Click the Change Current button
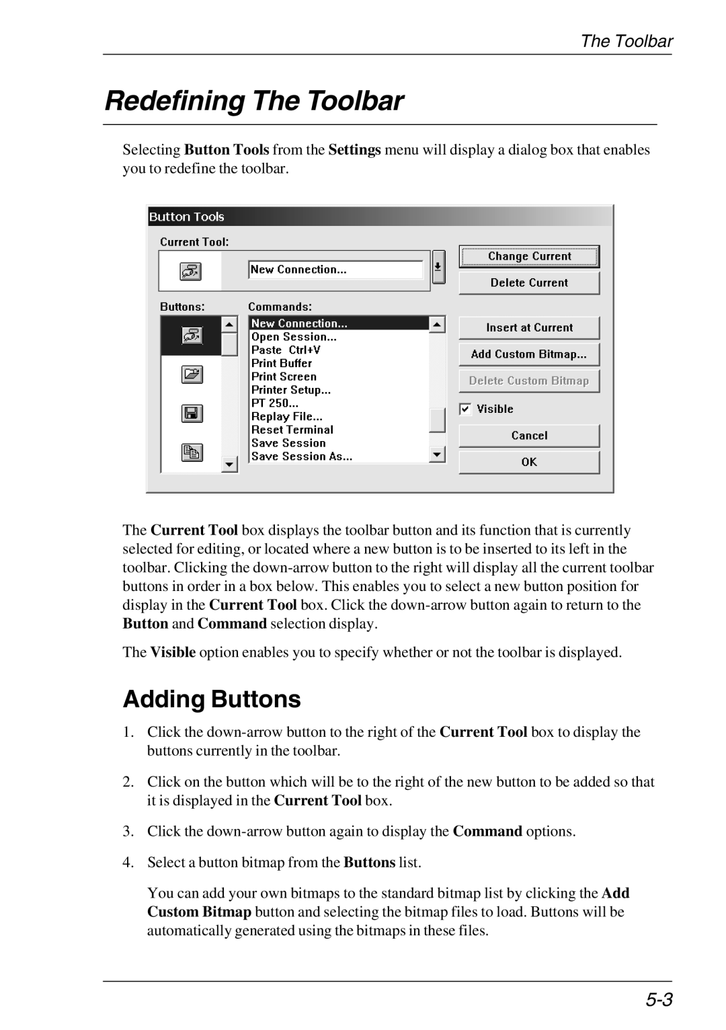(529, 256)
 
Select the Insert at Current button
(529, 328)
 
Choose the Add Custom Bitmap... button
(529, 354)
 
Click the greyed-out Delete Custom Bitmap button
(529, 381)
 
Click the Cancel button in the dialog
(529, 436)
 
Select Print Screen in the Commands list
(284, 377)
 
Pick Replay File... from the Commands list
(287, 417)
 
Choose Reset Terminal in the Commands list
(292, 430)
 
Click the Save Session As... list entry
(302, 457)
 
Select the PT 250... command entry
(275, 403)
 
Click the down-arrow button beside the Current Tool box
(438, 268)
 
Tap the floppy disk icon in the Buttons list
(192, 413)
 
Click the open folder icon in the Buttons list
(192, 374)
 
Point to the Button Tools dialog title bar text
(187, 216)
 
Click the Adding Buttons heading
(212, 699)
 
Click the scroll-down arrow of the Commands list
(438, 455)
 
